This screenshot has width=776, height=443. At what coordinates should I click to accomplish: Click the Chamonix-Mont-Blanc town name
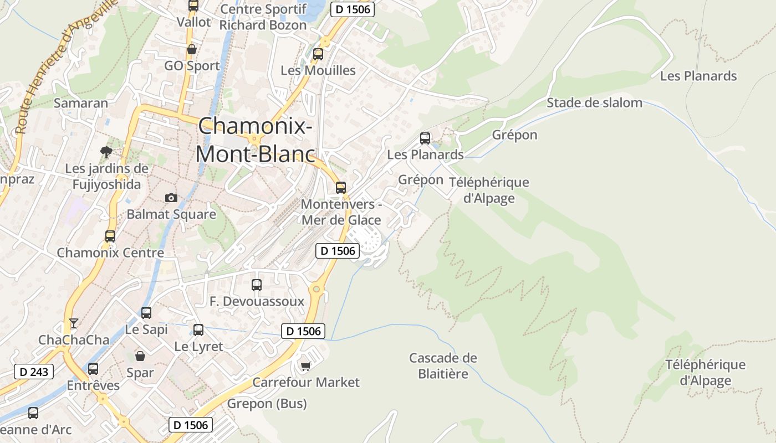coord(255,140)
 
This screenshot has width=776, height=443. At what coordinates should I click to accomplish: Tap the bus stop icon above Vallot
coord(193,6)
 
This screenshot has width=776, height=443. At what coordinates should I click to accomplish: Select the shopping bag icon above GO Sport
coord(192,49)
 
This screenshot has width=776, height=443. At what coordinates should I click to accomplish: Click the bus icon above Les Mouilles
coord(318,54)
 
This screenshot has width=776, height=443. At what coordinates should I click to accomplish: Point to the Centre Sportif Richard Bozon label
coord(263,17)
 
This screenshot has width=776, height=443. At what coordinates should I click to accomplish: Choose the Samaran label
coord(81,102)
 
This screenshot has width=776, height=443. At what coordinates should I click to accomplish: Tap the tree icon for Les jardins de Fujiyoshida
coord(106,152)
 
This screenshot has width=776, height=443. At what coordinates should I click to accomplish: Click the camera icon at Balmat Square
coord(171,198)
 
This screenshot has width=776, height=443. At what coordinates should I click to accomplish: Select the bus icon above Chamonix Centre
coord(110,236)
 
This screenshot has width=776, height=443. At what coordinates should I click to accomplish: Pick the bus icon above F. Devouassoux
coord(257,285)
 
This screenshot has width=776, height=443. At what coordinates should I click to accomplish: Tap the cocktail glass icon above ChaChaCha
coord(73,323)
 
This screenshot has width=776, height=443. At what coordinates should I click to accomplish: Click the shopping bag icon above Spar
coord(140,356)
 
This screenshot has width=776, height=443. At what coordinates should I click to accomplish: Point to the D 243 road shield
coord(34,372)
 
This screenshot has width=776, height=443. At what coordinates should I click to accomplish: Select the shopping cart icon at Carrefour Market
coord(305,366)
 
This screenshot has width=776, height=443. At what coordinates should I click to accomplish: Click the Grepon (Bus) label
coord(267,404)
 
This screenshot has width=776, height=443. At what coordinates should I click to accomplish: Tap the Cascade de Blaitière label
coord(443,365)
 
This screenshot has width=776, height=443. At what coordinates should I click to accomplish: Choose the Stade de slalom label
coord(594,102)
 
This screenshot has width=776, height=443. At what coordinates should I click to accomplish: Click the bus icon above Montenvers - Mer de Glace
coord(341,188)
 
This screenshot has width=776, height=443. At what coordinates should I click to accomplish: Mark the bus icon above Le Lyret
coord(198,330)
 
